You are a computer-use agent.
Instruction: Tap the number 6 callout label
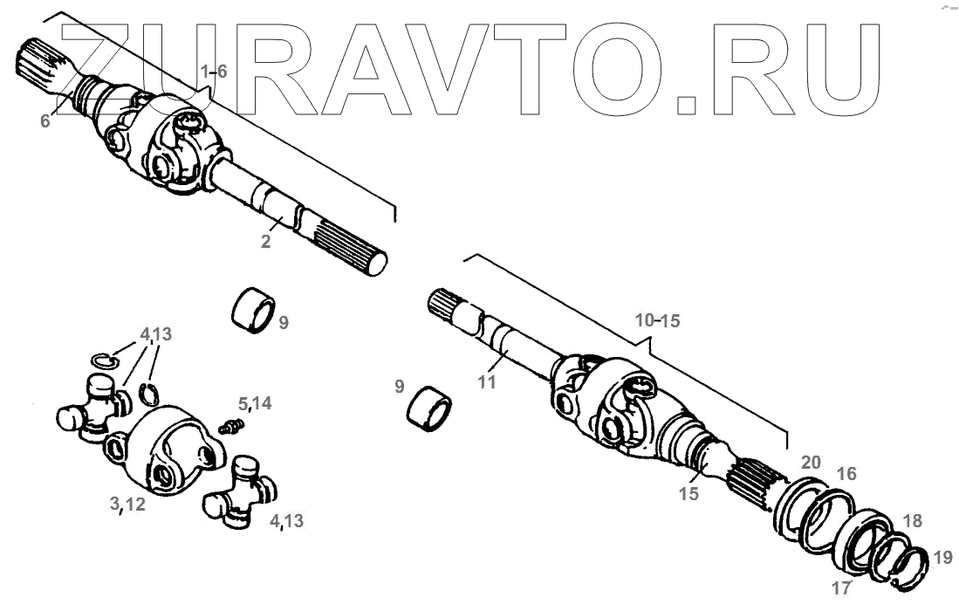click(x=45, y=120)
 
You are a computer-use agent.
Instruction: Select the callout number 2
click(x=265, y=242)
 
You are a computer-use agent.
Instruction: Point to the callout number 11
click(x=487, y=381)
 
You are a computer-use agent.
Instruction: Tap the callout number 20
click(x=811, y=463)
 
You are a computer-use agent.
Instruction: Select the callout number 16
click(x=846, y=474)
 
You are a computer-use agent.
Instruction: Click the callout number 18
click(x=912, y=520)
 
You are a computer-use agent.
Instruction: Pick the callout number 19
click(x=942, y=557)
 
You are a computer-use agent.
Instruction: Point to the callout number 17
click(x=841, y=587)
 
